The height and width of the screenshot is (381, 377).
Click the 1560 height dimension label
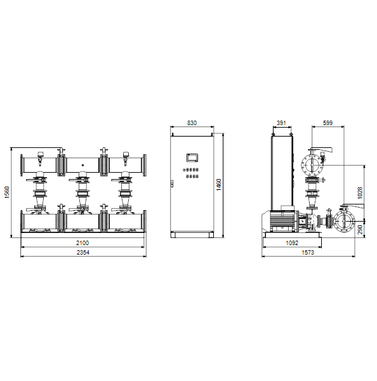click(x=7, y=192)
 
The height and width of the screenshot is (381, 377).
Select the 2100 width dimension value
click(x=83, y=243)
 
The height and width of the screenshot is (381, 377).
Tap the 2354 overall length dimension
click(x=83, y=253)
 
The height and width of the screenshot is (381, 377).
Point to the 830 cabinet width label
click(x=192, y=123)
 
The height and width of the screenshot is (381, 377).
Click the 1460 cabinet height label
click(x=218, y=185)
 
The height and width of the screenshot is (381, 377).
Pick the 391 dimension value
click(x=281, y=123)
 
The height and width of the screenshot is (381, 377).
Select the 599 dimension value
click(x=327, y=123)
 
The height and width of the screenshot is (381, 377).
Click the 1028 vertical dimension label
click(x=360, y=192)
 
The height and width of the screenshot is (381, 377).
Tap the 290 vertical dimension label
click(x=360, y=230)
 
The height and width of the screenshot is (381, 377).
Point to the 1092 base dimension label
click(x=292, y=243)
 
